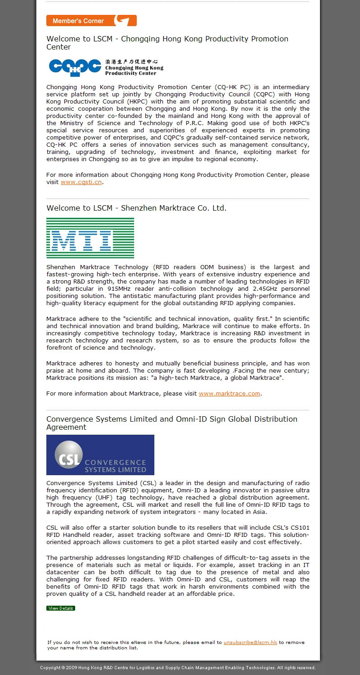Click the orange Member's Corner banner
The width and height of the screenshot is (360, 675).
(x=91, y=21)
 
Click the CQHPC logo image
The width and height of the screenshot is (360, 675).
(x=106, y=67)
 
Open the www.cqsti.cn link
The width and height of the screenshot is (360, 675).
(x=81, y=182)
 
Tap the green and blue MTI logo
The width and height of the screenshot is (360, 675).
(x=90, y=238)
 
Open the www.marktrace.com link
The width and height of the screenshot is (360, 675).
(x=229, y=393)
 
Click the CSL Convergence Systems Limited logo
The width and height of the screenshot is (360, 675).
(x=100, y=455)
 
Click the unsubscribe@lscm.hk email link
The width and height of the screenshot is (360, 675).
(x=250, y=642)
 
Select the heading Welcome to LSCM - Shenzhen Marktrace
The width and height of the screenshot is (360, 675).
(x=136, y=208)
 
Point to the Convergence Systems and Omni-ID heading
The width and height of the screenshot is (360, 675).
(x=171, y=423)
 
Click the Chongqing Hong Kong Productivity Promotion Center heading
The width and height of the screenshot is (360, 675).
(x=167, y=43)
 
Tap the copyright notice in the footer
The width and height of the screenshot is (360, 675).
(x=178, y=668)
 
